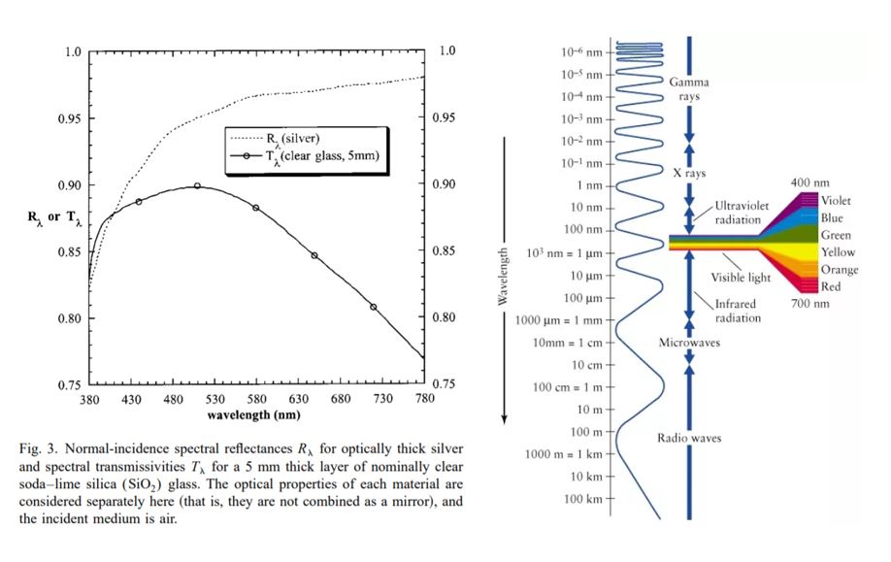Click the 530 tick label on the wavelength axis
(215, 400)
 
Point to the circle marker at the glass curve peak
(197, 185)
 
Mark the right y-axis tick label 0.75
(443, 384)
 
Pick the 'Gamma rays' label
(688, 89)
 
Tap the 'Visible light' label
(741, 277)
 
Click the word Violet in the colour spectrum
(837, 201)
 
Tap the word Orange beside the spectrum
(839, 270)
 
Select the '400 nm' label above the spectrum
(809, 182)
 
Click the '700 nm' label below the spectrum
(808, 305)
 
